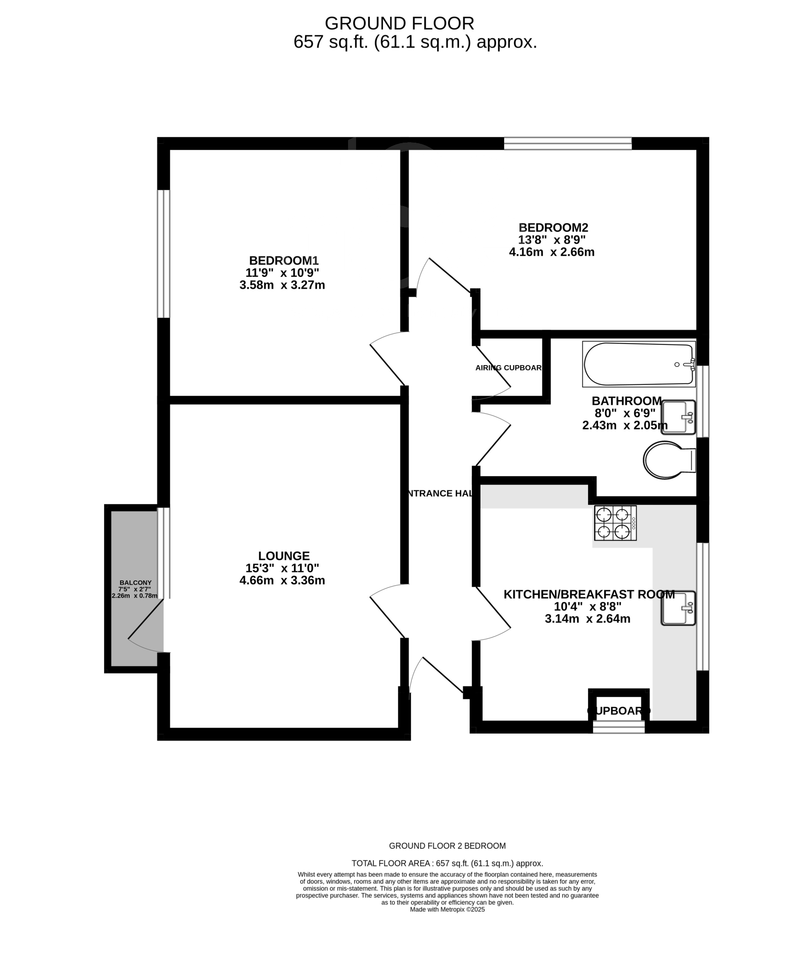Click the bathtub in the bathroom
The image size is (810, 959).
point(638,364)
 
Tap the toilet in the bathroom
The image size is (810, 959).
point(668,460)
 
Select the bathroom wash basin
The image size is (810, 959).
point(678,417)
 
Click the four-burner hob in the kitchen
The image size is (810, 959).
point(615,523)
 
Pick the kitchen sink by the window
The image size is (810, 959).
point(678,608)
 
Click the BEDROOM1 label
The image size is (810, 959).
point(283,260)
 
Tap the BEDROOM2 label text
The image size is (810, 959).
point(553,228)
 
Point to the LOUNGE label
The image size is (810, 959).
point(284,556)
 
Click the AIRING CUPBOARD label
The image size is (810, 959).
point(509,368)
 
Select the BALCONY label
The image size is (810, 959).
point(135,582)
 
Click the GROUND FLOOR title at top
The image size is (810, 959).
point(399,23)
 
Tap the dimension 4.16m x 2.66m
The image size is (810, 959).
point(551,252)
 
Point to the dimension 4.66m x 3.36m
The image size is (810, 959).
point(282,580)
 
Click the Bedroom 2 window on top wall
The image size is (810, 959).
point(567,144)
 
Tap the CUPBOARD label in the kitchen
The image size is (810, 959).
point(618,711)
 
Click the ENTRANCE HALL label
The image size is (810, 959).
point(440,493)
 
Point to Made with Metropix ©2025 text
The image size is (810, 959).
point(447,909)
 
